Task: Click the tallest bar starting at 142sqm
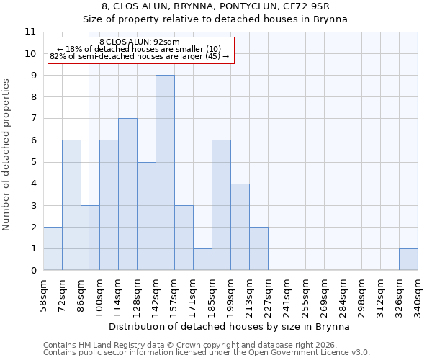tap(165, 173)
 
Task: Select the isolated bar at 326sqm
tap(408, 259)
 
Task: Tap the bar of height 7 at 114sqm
tap(127, 194)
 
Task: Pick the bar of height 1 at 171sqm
tap(202, 259)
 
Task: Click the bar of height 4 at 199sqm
tap(240, 227)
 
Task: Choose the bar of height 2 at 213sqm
tap(258, 248)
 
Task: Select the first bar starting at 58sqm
tap(53, 248)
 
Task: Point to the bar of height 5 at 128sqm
tap(146, 216)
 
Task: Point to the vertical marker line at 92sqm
tap(89, 180)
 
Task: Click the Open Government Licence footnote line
tap(207, 353)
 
